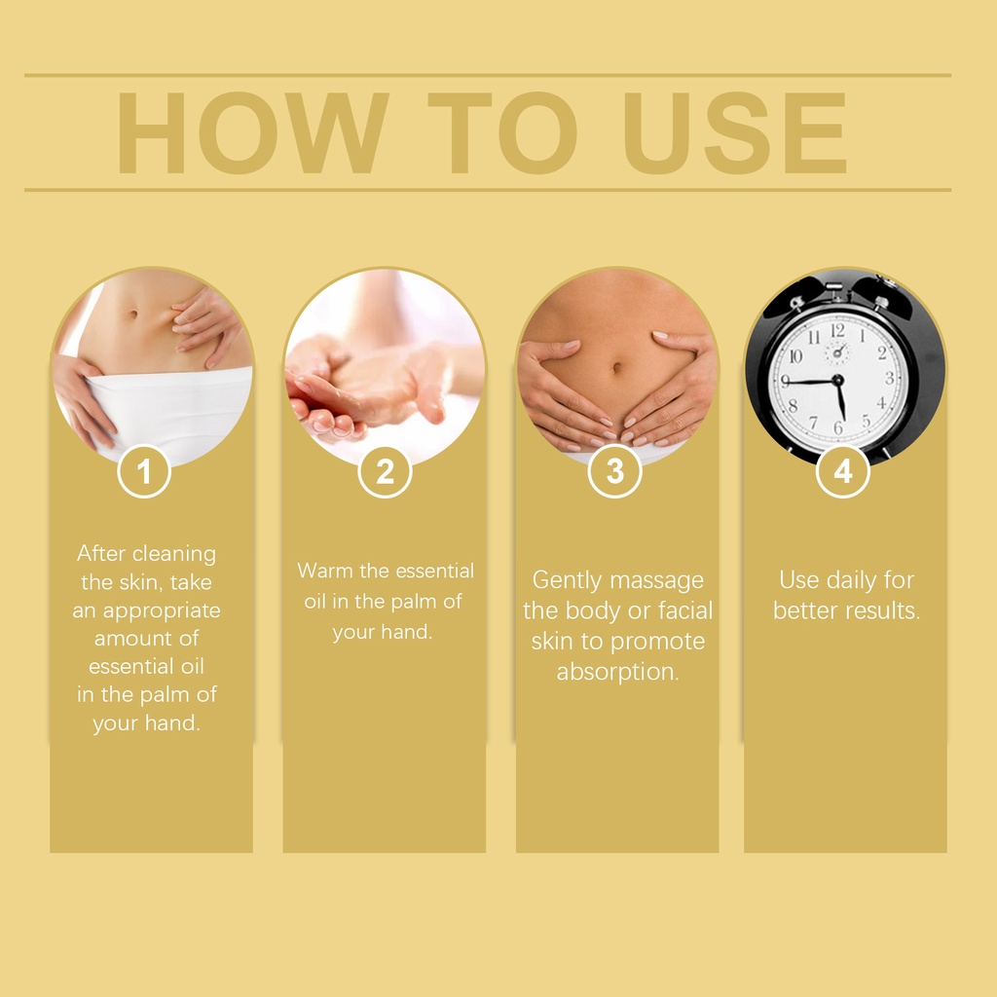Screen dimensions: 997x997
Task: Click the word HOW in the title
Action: [252, 132]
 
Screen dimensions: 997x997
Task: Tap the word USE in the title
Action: [735, 132]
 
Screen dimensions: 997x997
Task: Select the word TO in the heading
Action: [502, 132]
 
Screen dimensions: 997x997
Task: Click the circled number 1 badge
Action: [144, 471]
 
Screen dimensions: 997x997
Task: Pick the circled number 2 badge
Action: [385, 471]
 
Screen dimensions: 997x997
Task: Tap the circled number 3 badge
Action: [615, 471]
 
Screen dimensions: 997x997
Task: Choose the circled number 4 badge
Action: [843, 471]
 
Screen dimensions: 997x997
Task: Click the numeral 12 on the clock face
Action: [837, 331]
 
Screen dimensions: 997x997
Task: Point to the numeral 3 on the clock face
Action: [889, 378]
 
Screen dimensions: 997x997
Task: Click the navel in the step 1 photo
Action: [132, 314]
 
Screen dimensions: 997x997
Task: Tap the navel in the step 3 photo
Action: [616, 367]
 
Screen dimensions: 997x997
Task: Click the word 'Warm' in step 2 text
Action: [325, 571]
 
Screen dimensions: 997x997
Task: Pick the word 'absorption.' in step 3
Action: [618, 672]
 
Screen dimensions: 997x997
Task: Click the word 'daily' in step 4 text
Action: [847, 581]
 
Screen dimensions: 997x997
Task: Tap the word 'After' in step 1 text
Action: [101, 553]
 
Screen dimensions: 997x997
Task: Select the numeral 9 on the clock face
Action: [786, 381]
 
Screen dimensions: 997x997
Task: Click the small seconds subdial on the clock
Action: [837, 351]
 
